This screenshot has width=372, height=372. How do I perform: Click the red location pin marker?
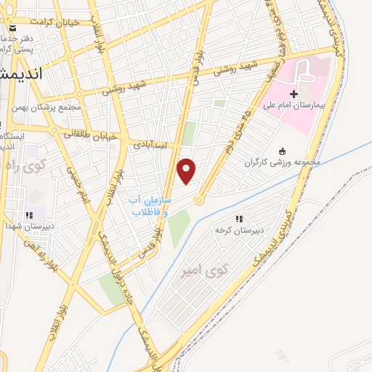click(x=187, y=171)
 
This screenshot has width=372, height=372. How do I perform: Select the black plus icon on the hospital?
click(x=294, y=94)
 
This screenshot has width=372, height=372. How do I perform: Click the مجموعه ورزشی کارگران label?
click(x=283, y=162)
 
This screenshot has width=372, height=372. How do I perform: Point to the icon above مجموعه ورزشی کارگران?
click(x=283, y=150)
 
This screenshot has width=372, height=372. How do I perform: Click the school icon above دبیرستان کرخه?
click(x=238, y=218)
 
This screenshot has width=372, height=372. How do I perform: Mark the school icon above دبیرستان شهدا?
click(x=30, y=215)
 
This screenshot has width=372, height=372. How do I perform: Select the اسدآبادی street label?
click(x=150, y=145)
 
